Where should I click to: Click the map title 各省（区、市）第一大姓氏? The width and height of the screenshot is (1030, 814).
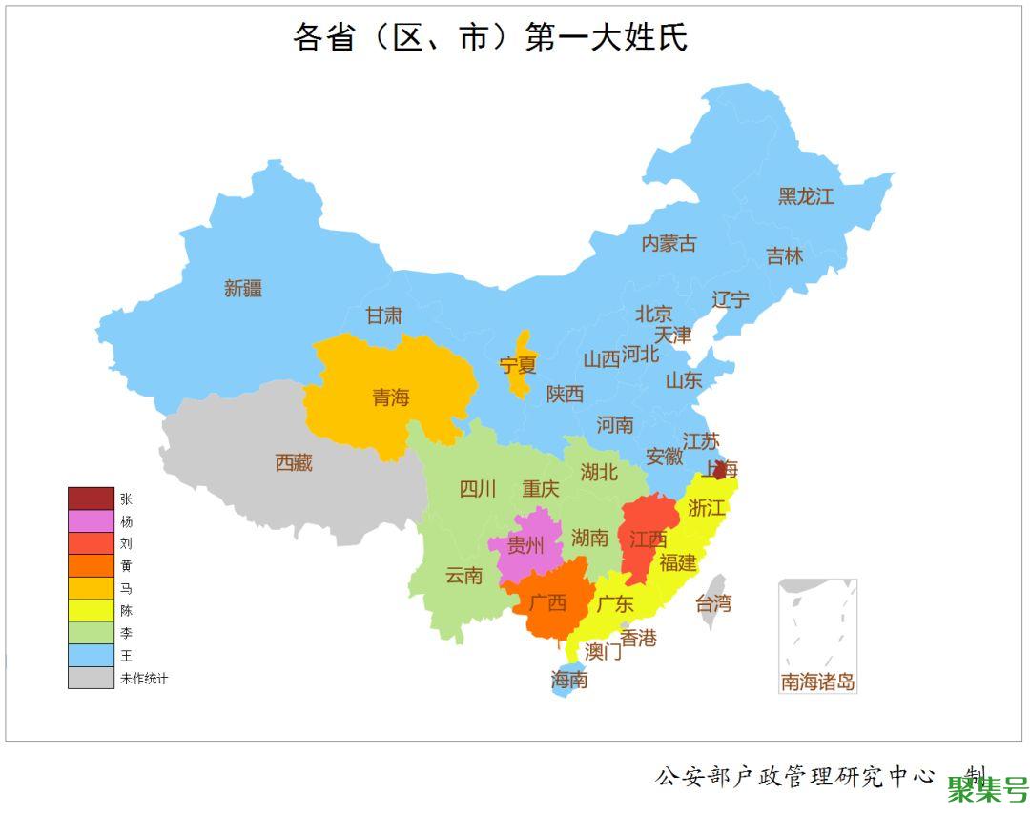pos(490,37)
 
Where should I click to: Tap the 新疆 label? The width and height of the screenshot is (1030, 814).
pos(243,288)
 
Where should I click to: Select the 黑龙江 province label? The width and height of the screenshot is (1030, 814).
pos(806,196)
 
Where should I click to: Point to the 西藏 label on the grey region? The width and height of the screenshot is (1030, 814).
pos(294,463)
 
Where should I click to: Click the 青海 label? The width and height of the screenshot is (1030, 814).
pos(391,397)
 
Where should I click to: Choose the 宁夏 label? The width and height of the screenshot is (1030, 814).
pos(518,365)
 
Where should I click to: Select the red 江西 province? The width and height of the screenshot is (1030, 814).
pos(648,539)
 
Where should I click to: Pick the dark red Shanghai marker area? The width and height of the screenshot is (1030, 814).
pos(721,471)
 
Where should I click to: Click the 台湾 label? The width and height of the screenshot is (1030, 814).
pos(712,602)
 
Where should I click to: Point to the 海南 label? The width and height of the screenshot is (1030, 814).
pos(569,680)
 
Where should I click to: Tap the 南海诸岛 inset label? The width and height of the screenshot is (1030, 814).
pos(817,682)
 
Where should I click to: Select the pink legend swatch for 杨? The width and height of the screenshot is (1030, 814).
pos(91,521)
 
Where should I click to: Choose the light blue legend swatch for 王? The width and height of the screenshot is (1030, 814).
pos(91,656)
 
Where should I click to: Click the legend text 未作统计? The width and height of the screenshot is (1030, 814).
pos(144,679)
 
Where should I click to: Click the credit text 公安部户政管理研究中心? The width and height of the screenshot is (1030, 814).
pos(794,776)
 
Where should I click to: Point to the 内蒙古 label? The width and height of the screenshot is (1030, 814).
pos(669,243)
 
